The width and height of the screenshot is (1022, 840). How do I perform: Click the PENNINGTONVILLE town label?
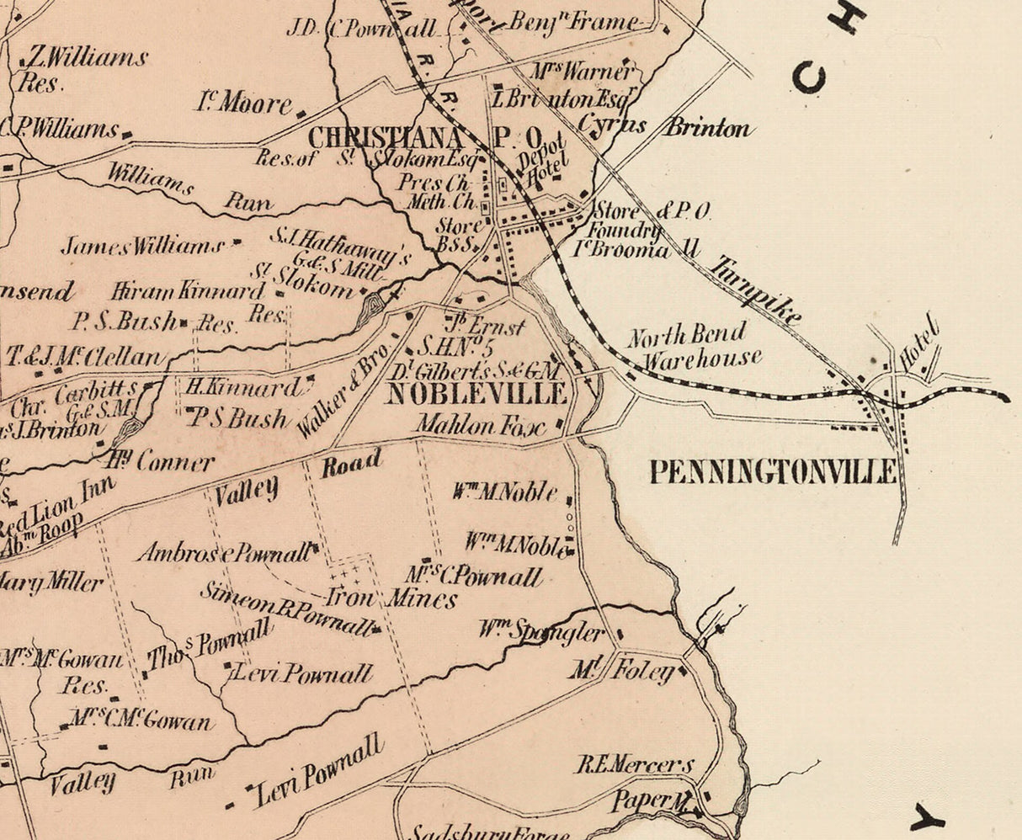pyautogui.click(x=773, y=472)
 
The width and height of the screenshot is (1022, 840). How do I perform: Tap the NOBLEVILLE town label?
pyautogui.click(x=476, y=393)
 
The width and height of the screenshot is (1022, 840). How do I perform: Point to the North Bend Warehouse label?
pyautogui.click(x=694, y=348)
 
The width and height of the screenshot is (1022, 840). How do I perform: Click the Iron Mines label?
pyautogui.click(x=391, y=598)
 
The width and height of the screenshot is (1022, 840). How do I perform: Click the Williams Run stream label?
pyautogui.click(x=189, y=188)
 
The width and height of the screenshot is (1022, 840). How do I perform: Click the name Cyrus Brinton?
pyautogui.click(x=664, y=128)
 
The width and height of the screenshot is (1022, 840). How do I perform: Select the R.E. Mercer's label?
pyautogui.click(x=635, y=765)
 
